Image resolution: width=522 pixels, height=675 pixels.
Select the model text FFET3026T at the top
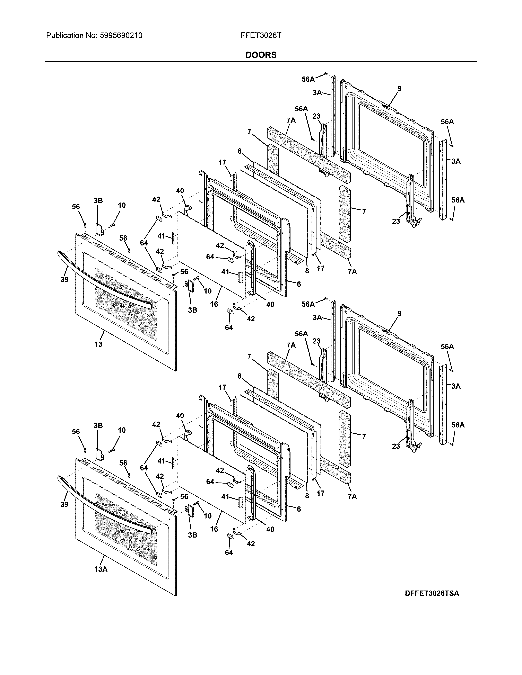pyautogui.click(x=261, y=36)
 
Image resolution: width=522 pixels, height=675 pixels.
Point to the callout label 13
pyautogui.click(x=98, y=344)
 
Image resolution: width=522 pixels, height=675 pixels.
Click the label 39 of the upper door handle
pyautogui.click(x=64, y=279)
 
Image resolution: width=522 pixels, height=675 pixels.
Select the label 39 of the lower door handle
pyautogui.click(x=64, y=504)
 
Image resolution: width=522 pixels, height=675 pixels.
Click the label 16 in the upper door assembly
pyautogui.click(x=214, y=304)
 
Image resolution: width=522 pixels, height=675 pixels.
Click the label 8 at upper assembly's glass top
pyautogui.click(x=239, y=151)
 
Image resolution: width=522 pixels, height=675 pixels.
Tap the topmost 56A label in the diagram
pyautogui.click(x=308, y=79)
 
